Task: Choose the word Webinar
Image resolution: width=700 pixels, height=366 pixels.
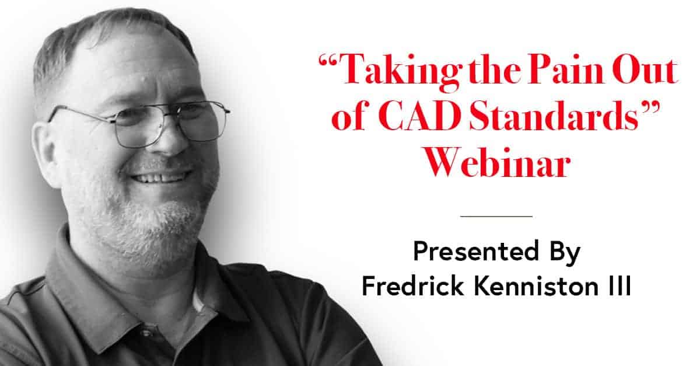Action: pos(498,162)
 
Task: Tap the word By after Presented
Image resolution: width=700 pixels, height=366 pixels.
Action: pos(565,253)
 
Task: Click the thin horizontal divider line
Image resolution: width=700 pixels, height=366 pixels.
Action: pos(496,216)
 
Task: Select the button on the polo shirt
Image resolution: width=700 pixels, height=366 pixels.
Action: pos(145,332)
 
